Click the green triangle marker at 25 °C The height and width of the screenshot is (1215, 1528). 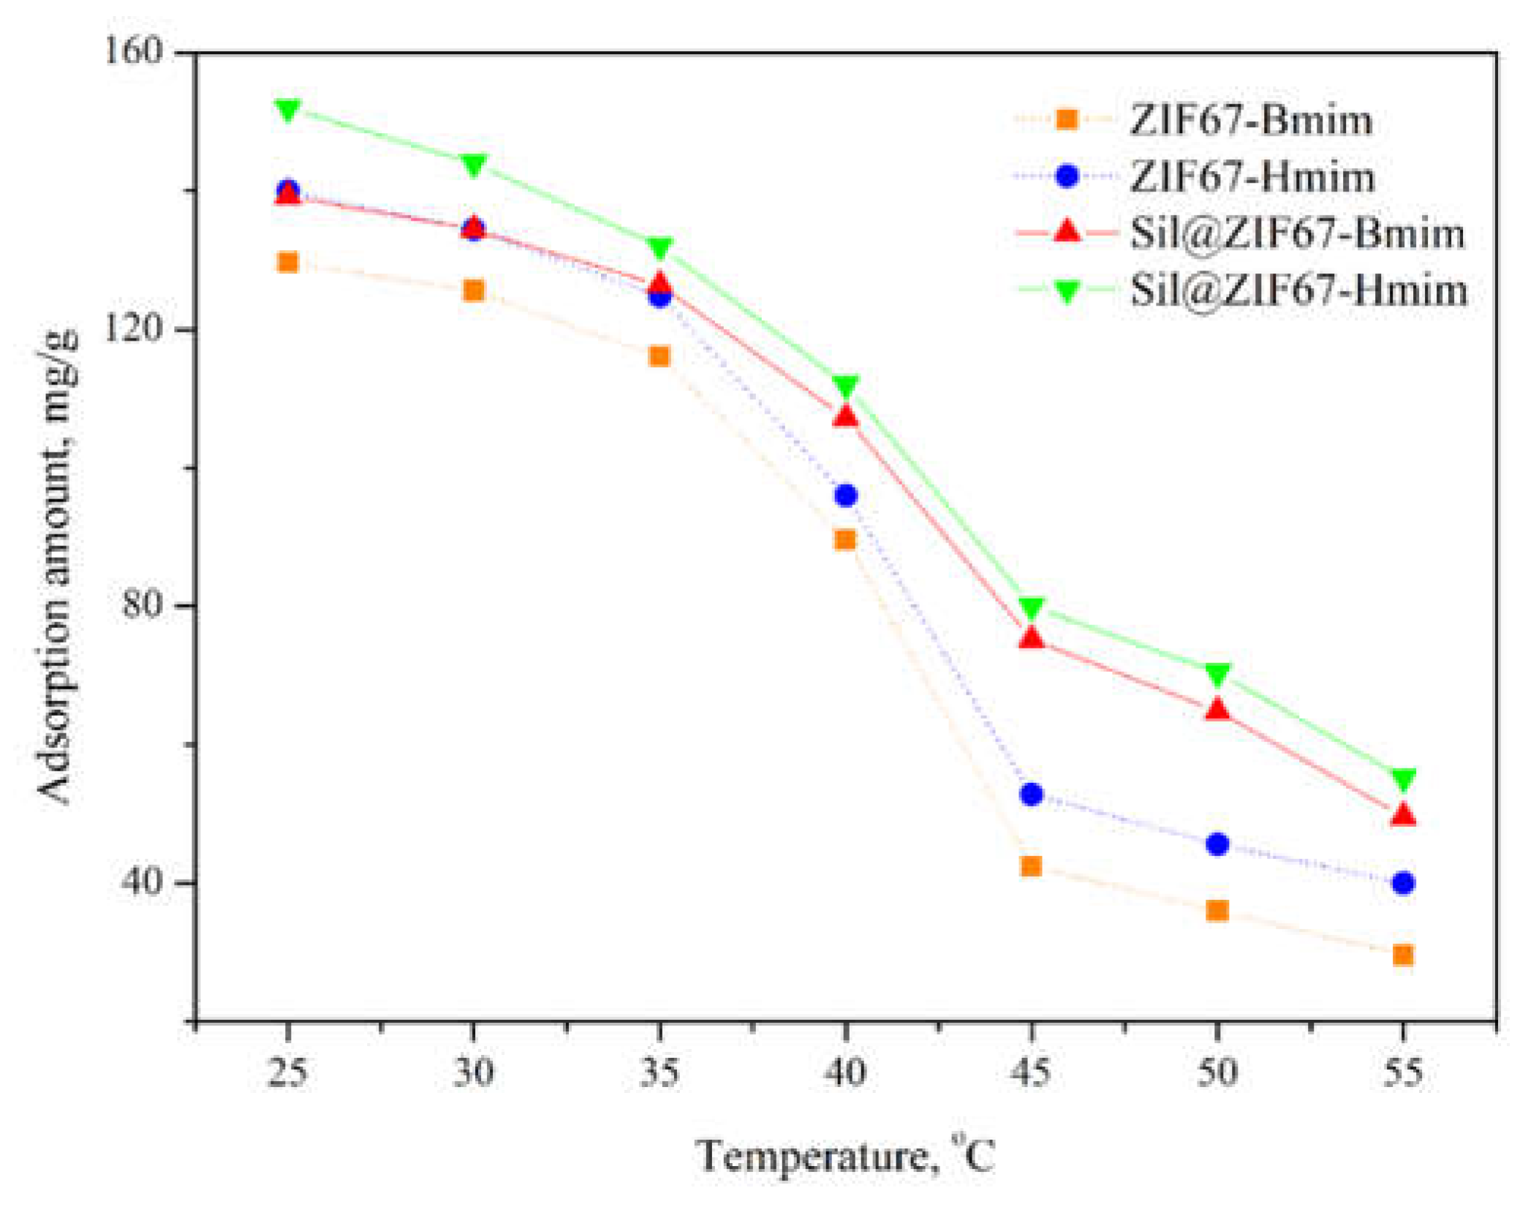pyautogui.click(x=288, y=110)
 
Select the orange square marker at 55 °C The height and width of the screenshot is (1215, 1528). pyautogui.click(x=1402, y=955)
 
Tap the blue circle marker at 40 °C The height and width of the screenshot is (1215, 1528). pyautogui.click(x=845, y=496)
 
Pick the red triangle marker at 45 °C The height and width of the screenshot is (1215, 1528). pyautogui.click(x=1031, y=638)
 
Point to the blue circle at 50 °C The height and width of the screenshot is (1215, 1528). pyautogui.click(x=1217, y=844)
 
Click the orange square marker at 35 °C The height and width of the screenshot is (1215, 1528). pyautogui.click(x=659, y=356)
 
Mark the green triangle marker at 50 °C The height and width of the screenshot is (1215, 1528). pyautogui.click(x=1217, y=674)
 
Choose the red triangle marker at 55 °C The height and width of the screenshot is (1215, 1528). pyautogui.click(x=1402, y=814)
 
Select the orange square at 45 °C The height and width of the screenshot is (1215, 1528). pyautogui.click(x=1031, y=866)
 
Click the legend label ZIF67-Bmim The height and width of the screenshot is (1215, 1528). pyautogui.click(x=1251, y=120)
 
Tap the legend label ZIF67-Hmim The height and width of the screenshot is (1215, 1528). pyautogui.click(x=1252, y=177)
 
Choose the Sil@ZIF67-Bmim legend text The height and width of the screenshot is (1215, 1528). pyautogui.click(x=1298, y=233)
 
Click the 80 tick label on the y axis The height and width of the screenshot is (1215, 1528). pyautogui.click(x=142, y=605)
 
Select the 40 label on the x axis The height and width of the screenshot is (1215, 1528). pyautogui.click(x=845, y=1073)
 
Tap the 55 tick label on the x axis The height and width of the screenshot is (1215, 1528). pyautogui.click(x=1402, y=1073)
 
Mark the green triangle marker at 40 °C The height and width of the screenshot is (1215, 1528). pyautogui.click(x=845, y=386)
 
